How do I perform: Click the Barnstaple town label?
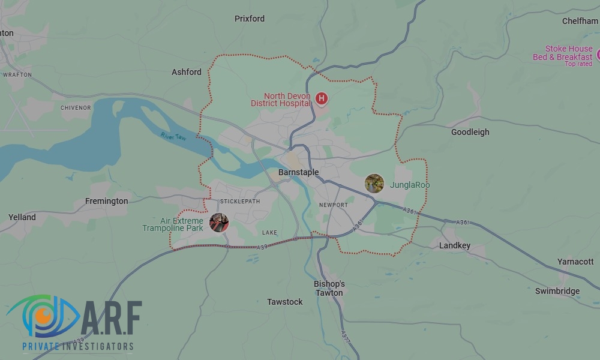click(x=299, y=173)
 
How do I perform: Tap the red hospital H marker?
click(x=322, y=98)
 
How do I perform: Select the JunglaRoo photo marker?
click(x=374, y=184)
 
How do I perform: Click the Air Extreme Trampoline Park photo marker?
click(x=219, y=223)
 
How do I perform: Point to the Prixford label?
click(x=250, y=19)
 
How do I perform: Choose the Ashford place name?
click(x=187, y=72)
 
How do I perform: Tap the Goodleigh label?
click(x=470, y=132)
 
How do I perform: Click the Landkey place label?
click(x=455, y=245)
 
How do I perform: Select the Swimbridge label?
click(x=557, y=291)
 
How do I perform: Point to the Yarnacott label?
click(x=575, y=262)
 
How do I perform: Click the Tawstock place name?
click(x=285, y=302)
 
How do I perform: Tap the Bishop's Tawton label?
click(x=329, y=288)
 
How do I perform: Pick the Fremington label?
click(x=107, y=201)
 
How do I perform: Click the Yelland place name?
click(x=22, y=217)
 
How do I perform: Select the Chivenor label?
click(x=76, y=108)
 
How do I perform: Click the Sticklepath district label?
click(x=240, y=201)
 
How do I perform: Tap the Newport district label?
click(x=334, y=205)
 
